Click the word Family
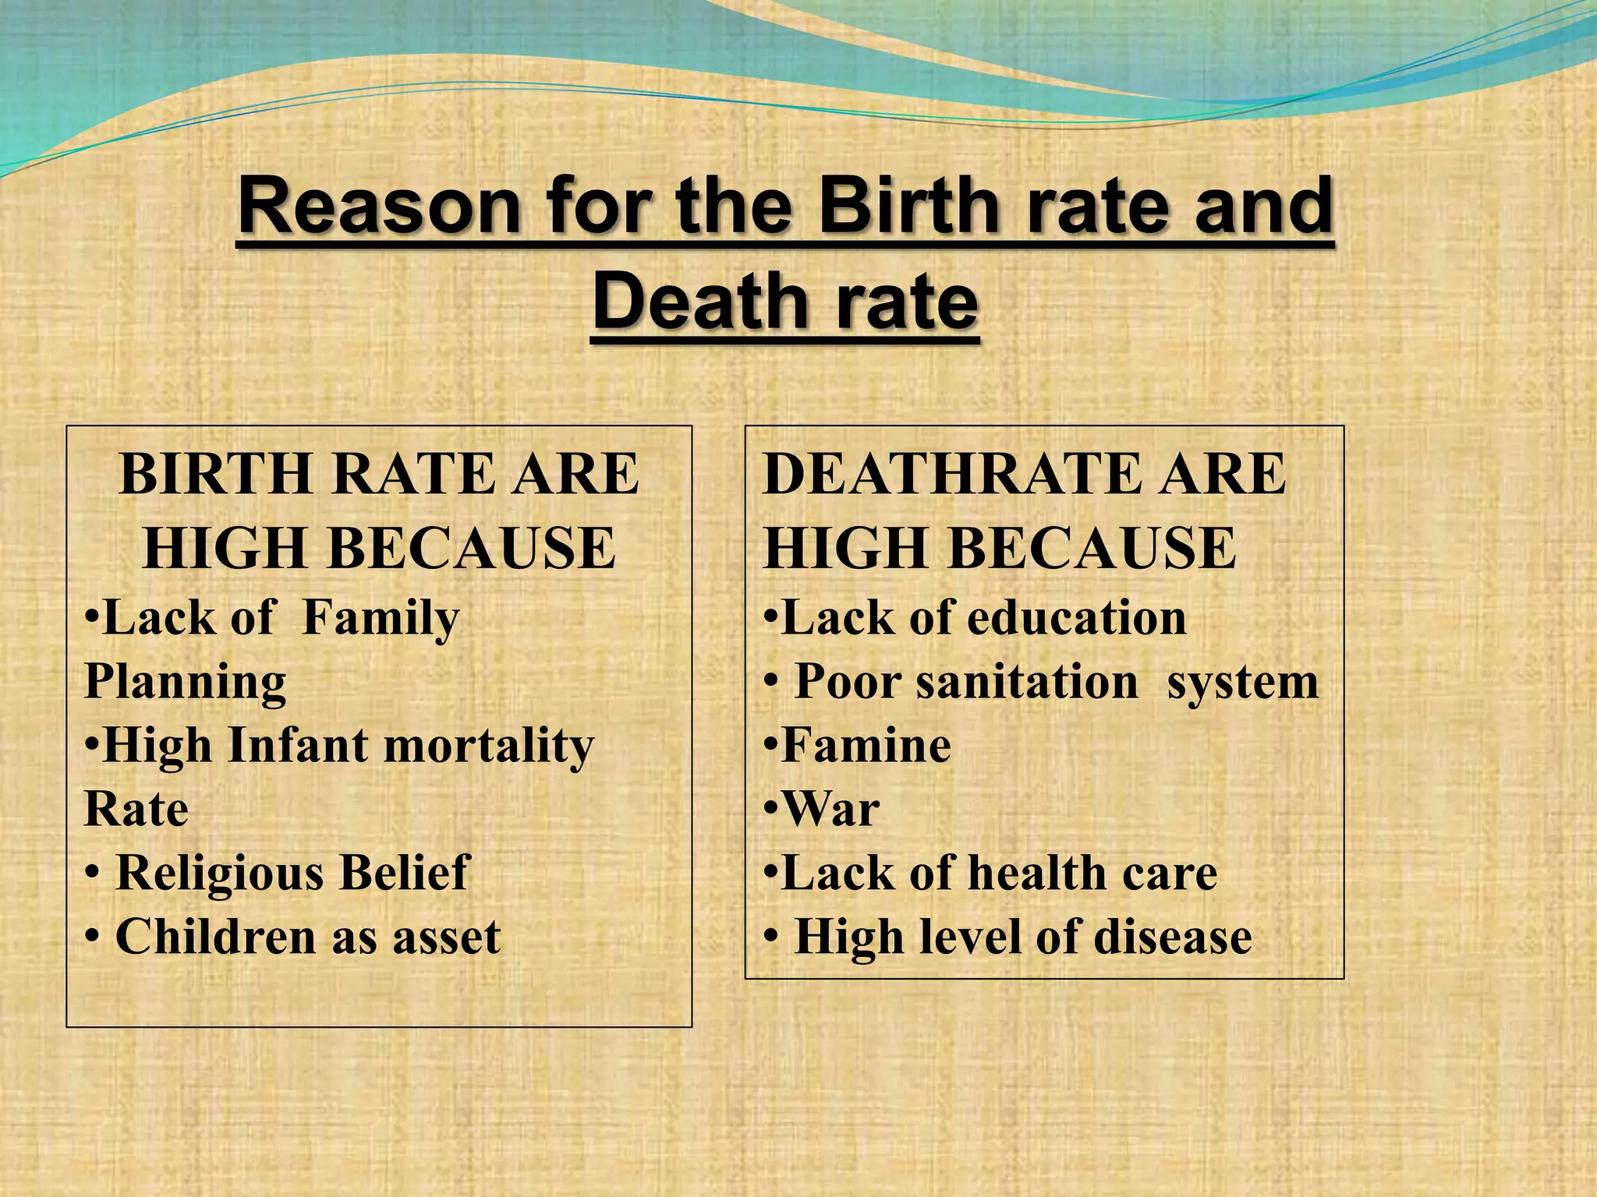(381, 620)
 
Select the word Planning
(186, 683)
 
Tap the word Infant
(298, 746)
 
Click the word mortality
(489, 746)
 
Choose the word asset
(446, 937)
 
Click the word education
(1077, 620)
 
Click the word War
(831, 810)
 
